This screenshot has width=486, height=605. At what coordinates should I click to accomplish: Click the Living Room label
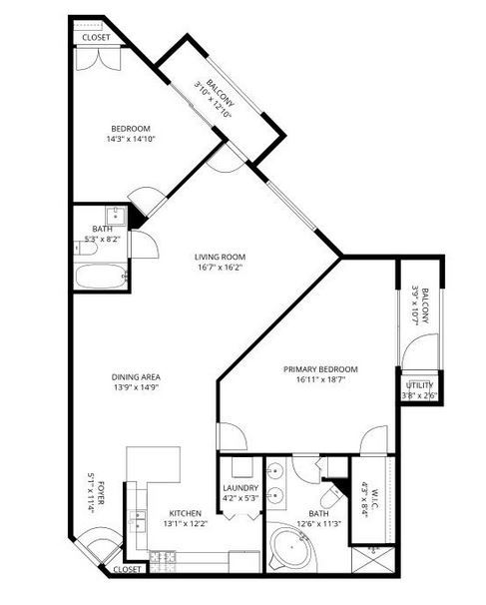(x=220, y=257)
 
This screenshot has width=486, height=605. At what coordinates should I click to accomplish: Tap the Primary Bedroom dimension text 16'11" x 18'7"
(x=320, y=379)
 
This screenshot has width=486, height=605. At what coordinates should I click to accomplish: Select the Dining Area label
(x=136, y=377)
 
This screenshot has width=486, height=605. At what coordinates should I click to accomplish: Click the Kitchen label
(x=186, y=513)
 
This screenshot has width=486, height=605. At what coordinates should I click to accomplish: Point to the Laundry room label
(x=241, y=488)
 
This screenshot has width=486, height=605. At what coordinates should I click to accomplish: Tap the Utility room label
(x=419, y=385)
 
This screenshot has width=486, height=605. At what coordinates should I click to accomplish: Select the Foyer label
(x=100, y=492)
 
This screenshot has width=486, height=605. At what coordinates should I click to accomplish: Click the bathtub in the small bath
(x=101, y=276)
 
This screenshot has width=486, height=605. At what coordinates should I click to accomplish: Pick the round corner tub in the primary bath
(x=292, y=548)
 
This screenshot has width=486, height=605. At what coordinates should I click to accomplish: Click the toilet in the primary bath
(x=330, y=497)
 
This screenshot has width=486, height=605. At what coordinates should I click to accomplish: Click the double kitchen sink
(x=138, y=520)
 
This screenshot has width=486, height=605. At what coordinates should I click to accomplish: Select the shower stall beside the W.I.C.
(x=373, y=560)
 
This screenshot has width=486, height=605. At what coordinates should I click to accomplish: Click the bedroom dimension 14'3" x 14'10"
(x=131, y=139)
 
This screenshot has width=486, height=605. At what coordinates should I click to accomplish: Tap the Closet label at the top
(x=96, y=37)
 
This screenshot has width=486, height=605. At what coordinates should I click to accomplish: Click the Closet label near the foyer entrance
(x=128, y=569)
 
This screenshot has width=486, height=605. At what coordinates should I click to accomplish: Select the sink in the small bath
(x=116, y=216)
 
